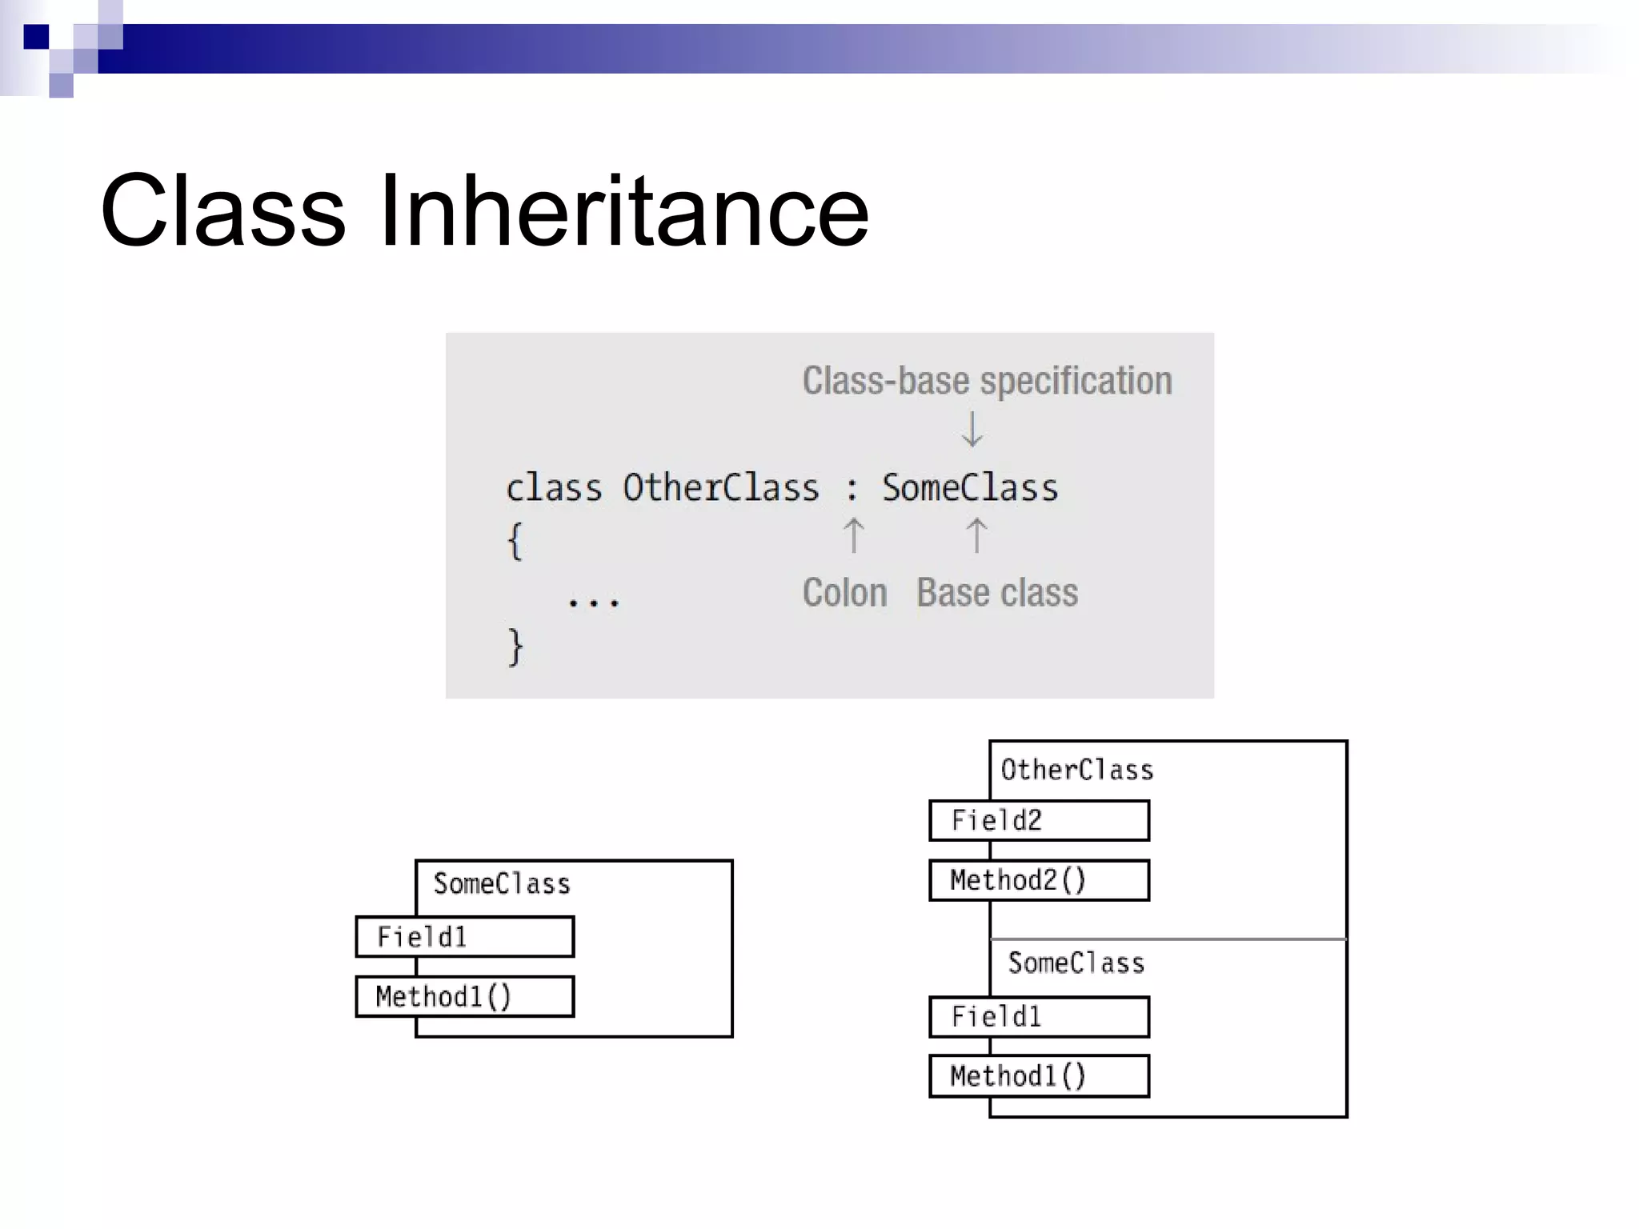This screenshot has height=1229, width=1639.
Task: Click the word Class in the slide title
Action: (x=223, y=211)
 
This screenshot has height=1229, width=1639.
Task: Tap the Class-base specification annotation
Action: (x=987, y=381)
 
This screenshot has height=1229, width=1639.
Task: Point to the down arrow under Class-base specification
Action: (x=972, y=430)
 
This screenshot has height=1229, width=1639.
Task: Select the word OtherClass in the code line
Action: (x=721, y=488)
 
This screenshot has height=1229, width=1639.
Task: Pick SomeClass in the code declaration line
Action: (x=970, y=488)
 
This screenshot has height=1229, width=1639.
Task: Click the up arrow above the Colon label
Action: (x=854, y=535)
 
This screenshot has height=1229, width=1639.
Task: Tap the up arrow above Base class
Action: (x=976, y=535)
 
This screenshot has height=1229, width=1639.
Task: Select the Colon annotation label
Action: (x=844, y=593)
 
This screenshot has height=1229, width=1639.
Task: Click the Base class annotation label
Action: (x=997, y=593)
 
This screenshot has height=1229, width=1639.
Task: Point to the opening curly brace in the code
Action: (x=515, y=542)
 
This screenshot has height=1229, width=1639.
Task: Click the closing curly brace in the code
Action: (x=515, y=647)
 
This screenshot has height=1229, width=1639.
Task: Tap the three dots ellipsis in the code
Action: (x=593, y=602)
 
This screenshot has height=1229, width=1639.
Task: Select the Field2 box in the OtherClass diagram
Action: (x=1039, y=820)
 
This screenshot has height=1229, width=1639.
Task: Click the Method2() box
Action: (x=1039, y=880)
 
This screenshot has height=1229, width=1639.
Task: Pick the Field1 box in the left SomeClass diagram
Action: (x=465, y=936)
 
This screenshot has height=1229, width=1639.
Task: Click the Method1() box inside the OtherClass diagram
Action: (x=1039, y=1076)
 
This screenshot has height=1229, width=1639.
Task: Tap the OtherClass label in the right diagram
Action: (x=1077, y=770)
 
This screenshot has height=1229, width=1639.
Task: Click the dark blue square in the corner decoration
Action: (x=37, y=37)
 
